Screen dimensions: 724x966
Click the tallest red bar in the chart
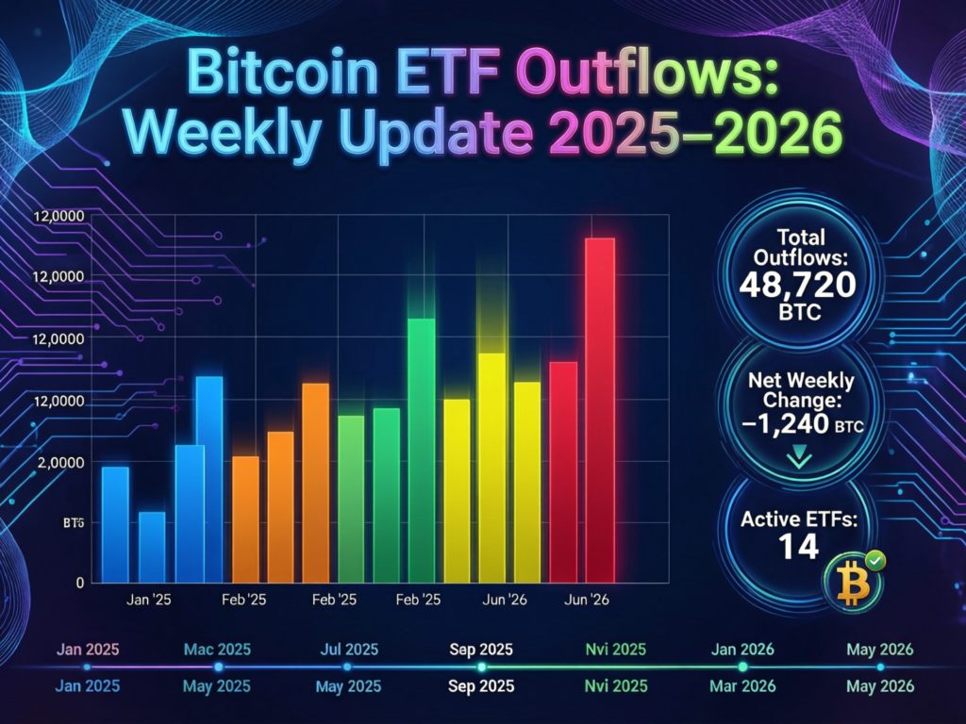pyautogui.click(x=601, y=410)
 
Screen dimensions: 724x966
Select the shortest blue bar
pyautogui.click(x=152, y=547)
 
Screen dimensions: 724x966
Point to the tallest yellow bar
pyautogui.click(x=491, y=468)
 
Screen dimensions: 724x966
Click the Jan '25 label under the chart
pyautogui.click(x=147, y=600)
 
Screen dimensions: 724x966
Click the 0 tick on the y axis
pyautogui.click(x=81, y=583)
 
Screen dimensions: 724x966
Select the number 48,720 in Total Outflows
pyautogui.click(x=798, y=283)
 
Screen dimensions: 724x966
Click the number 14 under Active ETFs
pyautogui.click(x=797, y=544)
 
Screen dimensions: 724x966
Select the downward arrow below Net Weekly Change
pyautogui.click(x=799, y=456)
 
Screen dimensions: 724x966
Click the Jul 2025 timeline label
pyautogui.click(x=348, y=650)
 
